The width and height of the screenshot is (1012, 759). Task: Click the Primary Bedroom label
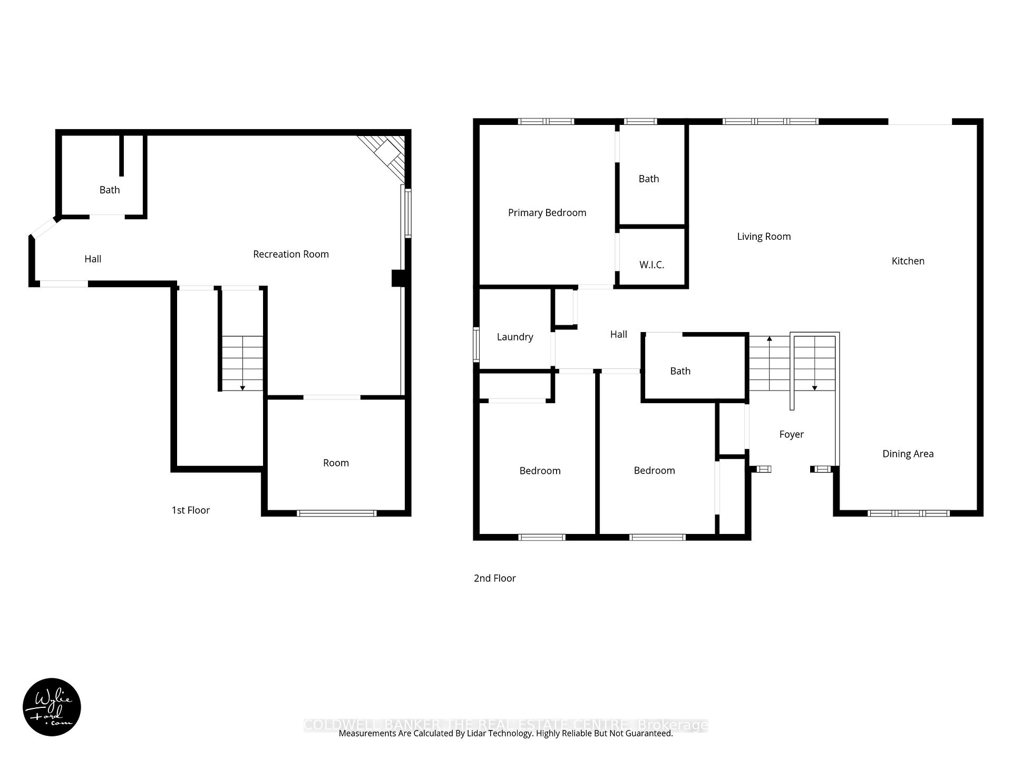(547, 212)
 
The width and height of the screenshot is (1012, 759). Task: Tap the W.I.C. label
(651, 265)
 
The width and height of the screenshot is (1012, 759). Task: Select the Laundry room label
(514, 337)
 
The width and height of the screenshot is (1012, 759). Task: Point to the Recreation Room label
(290, 254)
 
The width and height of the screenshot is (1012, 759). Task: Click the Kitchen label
(908, 261)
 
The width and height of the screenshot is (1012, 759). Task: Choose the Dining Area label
(908, 454)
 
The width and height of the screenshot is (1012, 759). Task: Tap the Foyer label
(791, 434)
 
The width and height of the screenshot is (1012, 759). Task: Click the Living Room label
(764, 237)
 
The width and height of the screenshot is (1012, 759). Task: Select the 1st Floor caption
(190, 510)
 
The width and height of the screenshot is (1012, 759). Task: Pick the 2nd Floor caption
(494, 578)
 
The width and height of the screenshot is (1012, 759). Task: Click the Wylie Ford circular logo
(52, 707)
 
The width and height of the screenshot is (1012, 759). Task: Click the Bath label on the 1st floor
(110, 190)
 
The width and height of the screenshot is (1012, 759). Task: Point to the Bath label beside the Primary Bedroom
(648, 179)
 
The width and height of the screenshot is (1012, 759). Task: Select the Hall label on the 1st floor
(93, 259)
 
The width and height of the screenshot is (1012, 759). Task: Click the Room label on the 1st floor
(336, 463)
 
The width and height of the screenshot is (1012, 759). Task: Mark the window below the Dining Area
(908, 513)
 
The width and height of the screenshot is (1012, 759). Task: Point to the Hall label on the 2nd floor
(618, 334)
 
